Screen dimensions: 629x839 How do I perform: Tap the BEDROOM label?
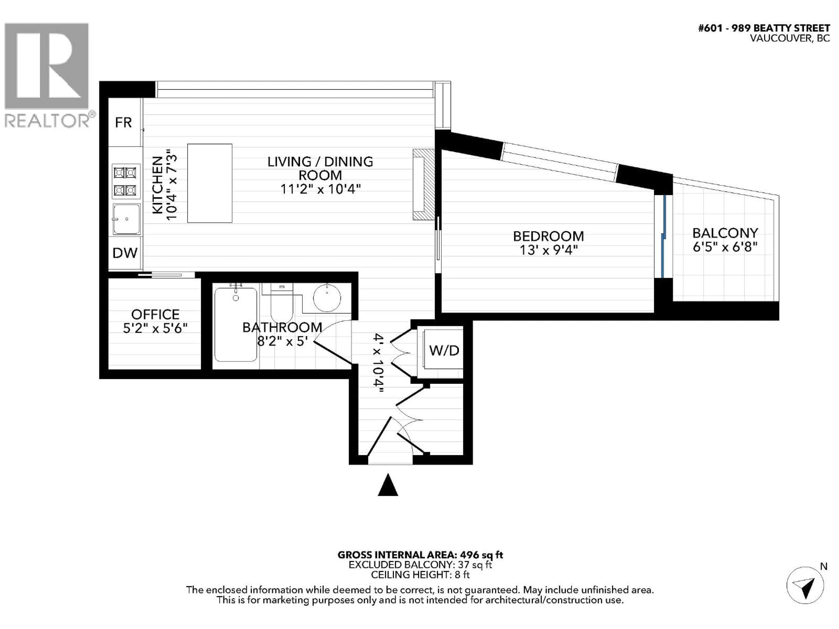click(x=548, y=236)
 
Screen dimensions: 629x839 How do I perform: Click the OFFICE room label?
click(x=155, y=314)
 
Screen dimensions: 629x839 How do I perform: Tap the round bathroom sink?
click(x=327, y=298)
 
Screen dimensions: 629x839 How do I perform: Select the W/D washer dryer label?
click(x=444, y=350)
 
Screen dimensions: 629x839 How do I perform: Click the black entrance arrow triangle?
click(x=388, y=486)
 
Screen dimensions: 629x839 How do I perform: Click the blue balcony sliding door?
click(x=663, y=237)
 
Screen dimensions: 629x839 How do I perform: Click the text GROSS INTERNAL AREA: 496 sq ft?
click(x=420, y=555)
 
